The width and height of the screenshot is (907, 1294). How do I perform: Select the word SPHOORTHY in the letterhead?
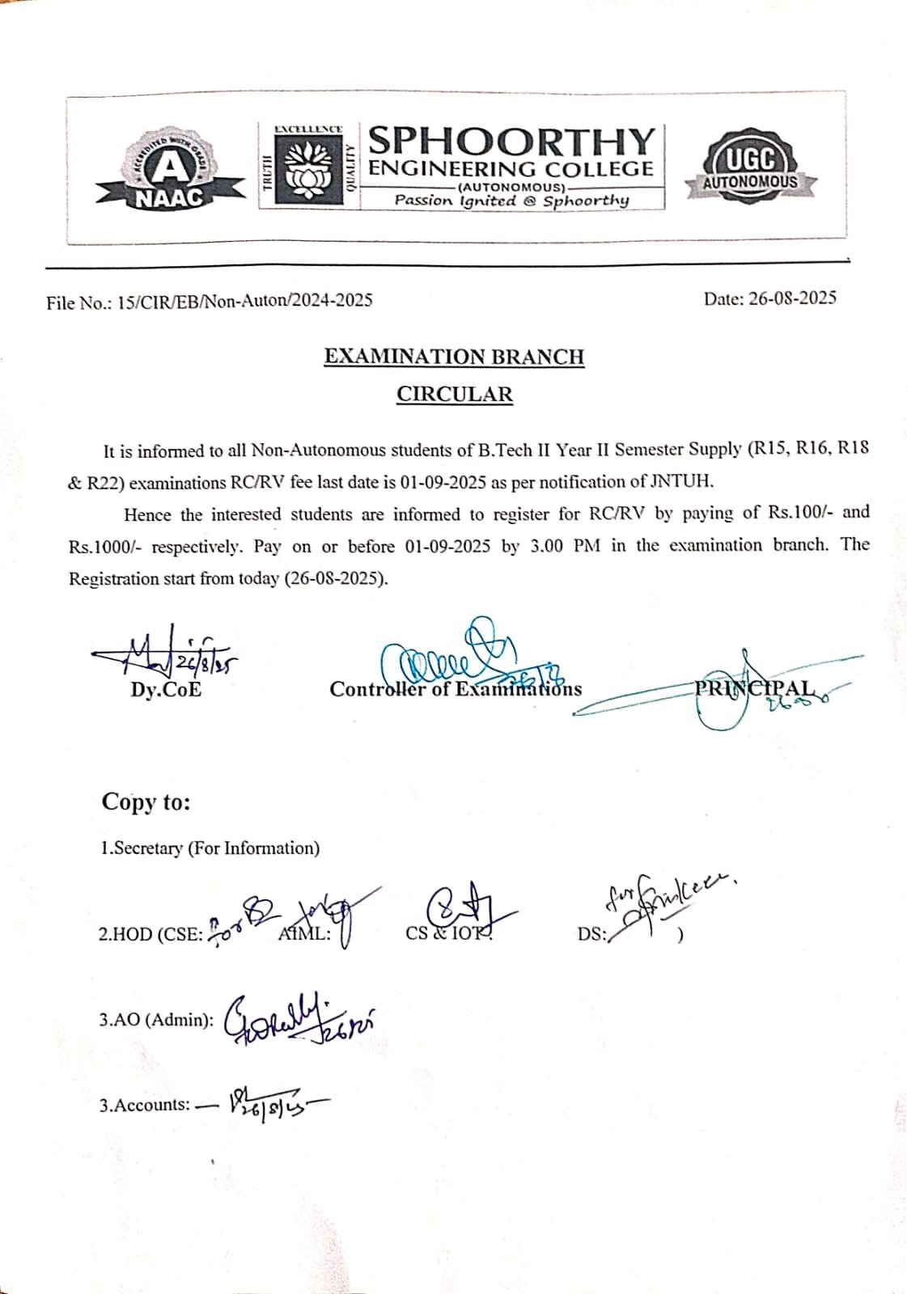click(x=511, y=141)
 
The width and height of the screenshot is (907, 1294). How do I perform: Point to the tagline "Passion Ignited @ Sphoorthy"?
click(x=511, y=200)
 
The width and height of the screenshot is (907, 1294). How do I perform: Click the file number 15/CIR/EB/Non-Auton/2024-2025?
click(x=245, y=301)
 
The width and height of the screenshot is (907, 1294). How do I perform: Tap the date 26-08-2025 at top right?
click(x=792, y=298)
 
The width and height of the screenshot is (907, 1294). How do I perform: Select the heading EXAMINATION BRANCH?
click(x=454, y=357)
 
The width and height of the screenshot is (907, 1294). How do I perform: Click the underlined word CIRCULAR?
click(x=454, y=395)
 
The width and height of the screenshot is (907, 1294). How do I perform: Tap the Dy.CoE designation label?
click(x=166, y=690)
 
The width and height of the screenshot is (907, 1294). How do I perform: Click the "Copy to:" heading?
click(x=146, y=801)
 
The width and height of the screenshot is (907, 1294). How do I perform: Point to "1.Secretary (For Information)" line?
click(x=210, y=848)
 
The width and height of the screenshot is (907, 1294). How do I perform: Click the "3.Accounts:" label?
click(x=145, y=1105)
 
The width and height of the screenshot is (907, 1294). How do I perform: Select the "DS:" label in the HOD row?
click(x=591, y=934)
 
